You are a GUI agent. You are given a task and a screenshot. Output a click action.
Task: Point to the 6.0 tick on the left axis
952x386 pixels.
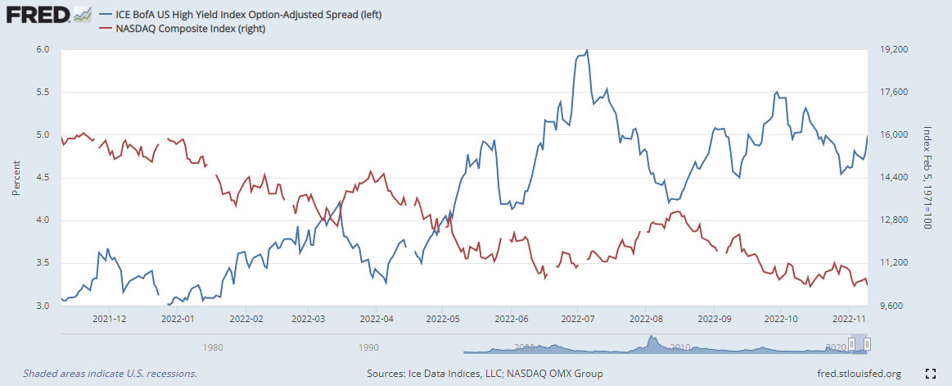(43, 49)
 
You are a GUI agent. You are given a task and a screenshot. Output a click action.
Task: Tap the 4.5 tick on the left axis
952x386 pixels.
(43, 178)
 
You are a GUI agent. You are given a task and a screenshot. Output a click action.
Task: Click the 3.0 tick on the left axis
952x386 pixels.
(43, 306)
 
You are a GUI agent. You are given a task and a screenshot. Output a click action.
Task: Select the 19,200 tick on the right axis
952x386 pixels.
(893, 49)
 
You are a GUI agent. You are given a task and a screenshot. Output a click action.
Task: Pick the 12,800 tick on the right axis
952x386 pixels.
(893, 220)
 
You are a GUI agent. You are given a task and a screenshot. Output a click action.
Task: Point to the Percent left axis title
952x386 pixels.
(16, 178)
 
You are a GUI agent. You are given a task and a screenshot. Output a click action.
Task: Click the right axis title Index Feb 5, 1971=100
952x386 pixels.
(927, 178)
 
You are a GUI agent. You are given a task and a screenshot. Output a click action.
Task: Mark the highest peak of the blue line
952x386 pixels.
(587, 50)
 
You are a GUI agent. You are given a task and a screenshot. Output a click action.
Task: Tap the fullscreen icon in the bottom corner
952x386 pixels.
(930, 374)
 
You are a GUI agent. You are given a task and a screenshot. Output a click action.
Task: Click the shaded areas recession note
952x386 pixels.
(110, 374)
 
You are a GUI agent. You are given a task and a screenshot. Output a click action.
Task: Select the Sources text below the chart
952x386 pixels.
(485, 374)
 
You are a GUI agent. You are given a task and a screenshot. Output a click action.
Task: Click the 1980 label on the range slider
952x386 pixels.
(213, 347)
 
